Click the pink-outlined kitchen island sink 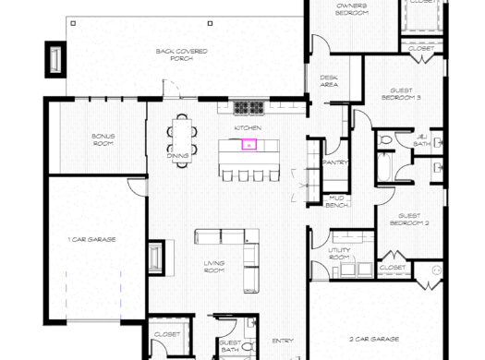[248, 144]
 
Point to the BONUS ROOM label [103, 139]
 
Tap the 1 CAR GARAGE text [91, 239]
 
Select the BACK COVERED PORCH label [181, 54]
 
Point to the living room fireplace [155, 258]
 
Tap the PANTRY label [334, 162]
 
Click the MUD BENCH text [336, 200]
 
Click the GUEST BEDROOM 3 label [401, 92]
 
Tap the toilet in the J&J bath [385, 140]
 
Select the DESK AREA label [329, 81]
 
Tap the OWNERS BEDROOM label [351, 9]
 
